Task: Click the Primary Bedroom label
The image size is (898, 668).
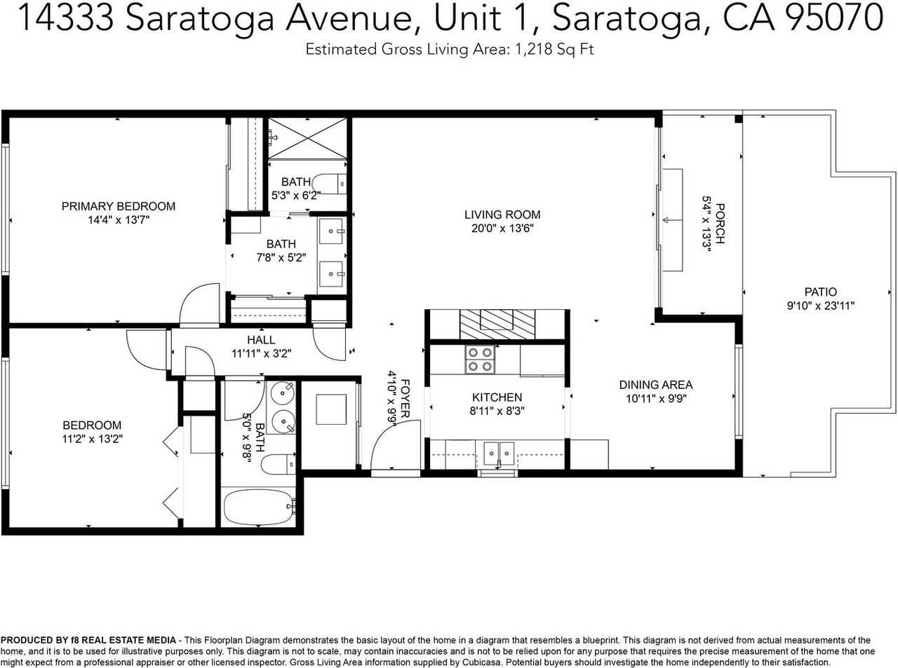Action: pyautogui.click(x=118, y=206)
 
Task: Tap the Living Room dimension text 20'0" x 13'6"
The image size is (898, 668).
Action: pyautogui.click(x=502, y=229)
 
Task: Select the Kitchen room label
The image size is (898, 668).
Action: pyautogui.click(x=497, y=397)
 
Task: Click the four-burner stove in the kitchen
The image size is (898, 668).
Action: pyautogui.click(x=479, y=360)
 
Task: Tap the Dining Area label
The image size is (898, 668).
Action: pyautogui.click(x=655, y=385)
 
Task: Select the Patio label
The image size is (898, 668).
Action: pyautogui.click(x=820, y=292)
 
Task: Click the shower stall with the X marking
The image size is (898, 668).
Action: pyautogui.click(x=308, y=138)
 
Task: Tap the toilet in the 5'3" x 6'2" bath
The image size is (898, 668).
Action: pyautogui.click(x=330, y=184)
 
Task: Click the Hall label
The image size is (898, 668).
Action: pyautogui.click(x=261, y=340)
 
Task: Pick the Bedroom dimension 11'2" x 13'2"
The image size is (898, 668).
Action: pyautogui.click(x=91, y=439)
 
